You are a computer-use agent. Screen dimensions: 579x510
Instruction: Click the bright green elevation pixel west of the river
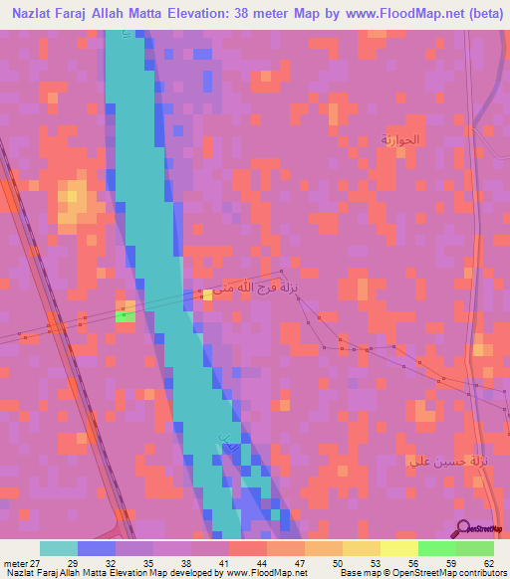point(126,315)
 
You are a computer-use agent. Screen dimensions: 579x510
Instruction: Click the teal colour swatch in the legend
point(59,548)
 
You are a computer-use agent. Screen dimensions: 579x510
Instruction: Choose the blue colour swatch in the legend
point(97,548)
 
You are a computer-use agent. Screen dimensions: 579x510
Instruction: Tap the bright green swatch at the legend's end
point(474,548)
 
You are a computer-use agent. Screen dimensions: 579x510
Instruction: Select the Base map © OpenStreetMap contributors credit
point(422,572)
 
